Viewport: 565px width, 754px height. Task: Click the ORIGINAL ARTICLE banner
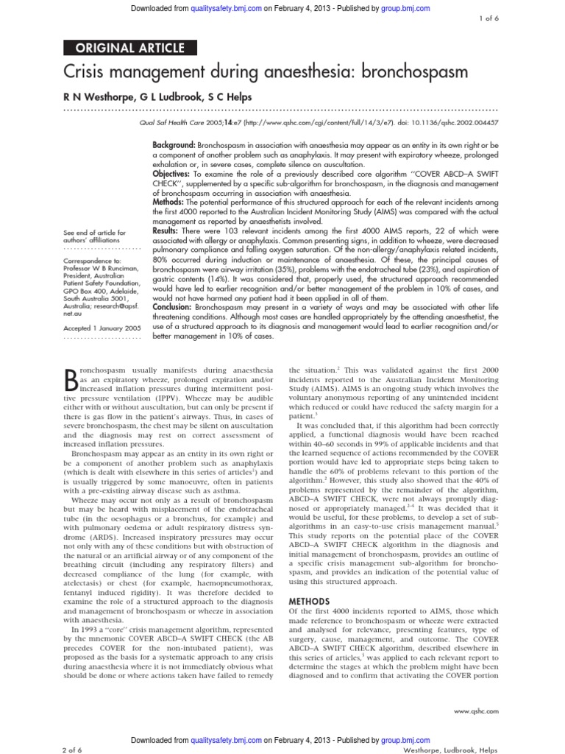click(x=130, y=49)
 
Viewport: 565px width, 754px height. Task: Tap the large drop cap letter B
click(x=72, y=378)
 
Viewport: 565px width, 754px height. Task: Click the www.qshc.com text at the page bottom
click(x=477, y=711)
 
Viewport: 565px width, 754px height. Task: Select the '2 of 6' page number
click(x=77, y=748)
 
